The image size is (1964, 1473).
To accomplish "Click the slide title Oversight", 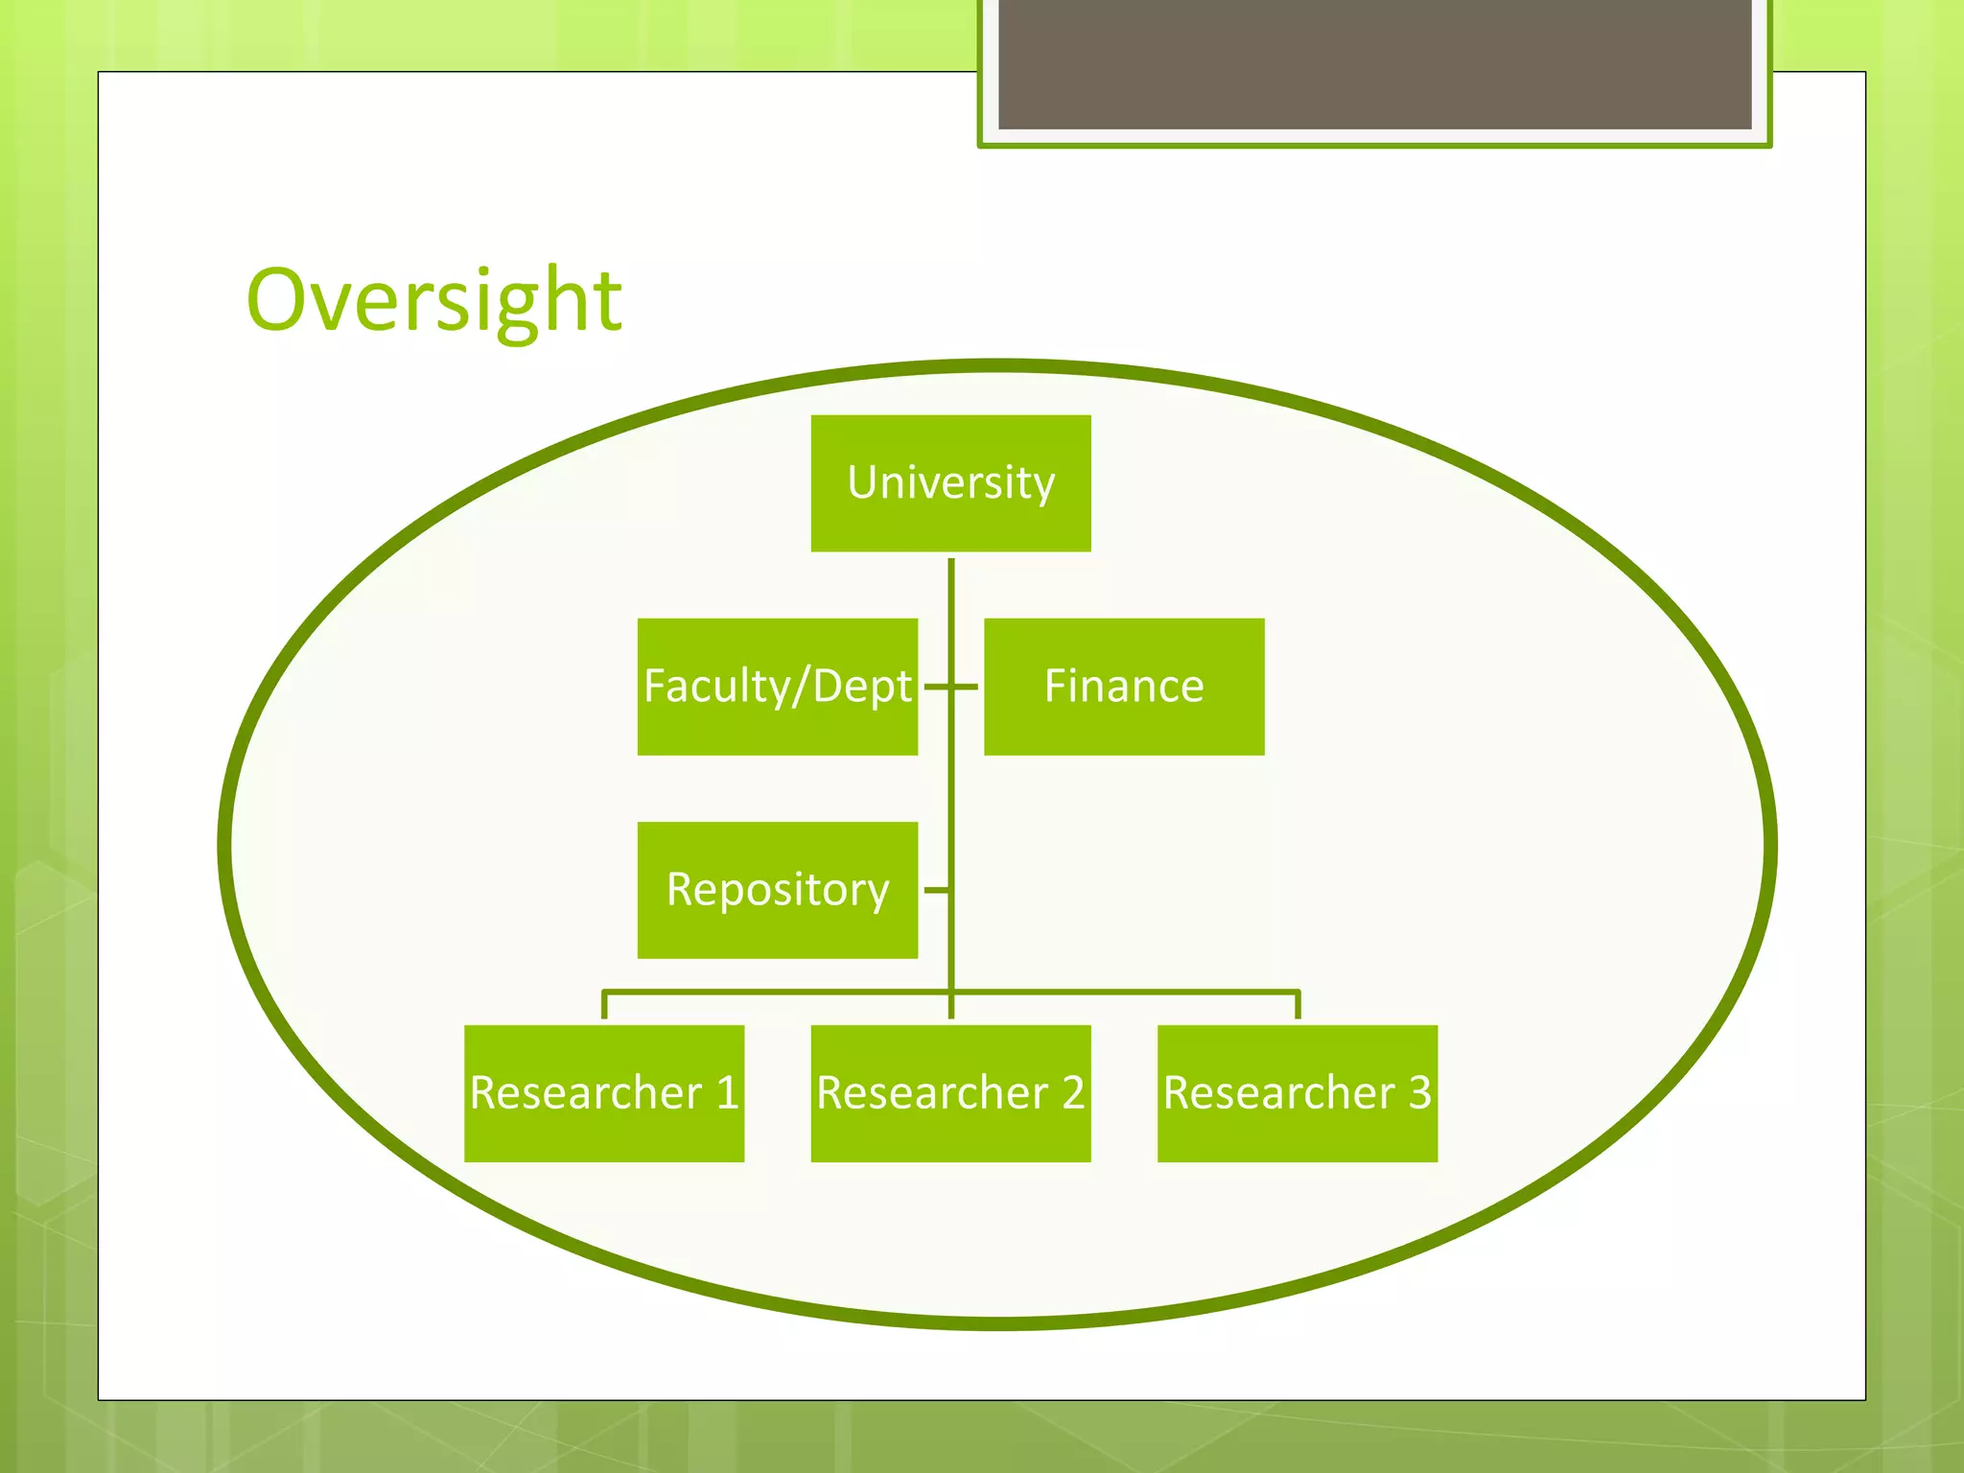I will [x=433, y=301].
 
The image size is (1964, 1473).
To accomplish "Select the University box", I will [x=950, y=483].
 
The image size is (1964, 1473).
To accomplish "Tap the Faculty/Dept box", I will [x=777, y=687].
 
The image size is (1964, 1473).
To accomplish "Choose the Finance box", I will [x=1124, y=687].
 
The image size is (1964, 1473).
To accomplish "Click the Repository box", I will [x=777, y=890].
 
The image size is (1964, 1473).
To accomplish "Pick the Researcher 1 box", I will [x=604, y=1093].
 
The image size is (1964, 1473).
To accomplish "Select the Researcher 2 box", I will [x=950, y=1093].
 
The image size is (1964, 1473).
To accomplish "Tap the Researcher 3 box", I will [x=1297, y=1093].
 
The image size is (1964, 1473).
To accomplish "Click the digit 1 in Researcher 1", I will [x=728, y=1093].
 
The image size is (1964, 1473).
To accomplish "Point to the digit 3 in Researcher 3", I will [x=1420, y=1093].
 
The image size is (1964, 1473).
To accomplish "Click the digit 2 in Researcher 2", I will [x=1073, y=1093].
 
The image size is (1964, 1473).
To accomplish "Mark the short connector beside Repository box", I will [x=936, y=891].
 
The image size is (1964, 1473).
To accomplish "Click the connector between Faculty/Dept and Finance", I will [x=950, y=687].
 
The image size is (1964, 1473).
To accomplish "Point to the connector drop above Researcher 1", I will [x=604, y=1005].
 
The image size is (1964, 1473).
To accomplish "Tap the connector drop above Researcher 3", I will [x=1298, y=1005].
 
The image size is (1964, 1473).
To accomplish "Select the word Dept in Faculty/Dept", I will [x=862, y=687].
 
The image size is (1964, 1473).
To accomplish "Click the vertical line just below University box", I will [x=951, y=585].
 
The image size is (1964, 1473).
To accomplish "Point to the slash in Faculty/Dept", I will [x=801, y=687].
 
